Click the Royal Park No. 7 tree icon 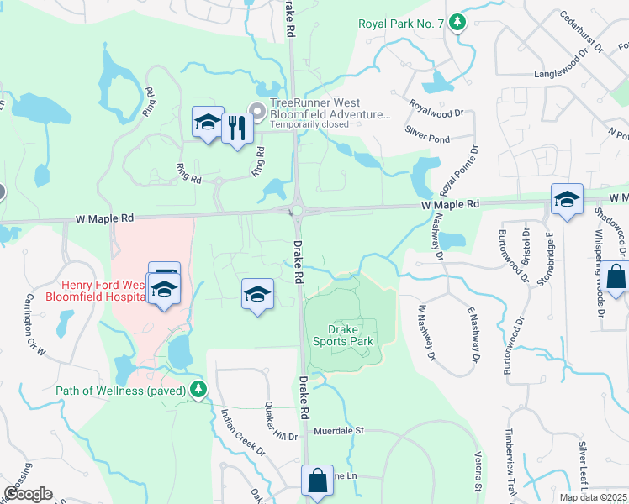pyautogui.click(x=457, y=23)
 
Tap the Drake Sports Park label pyautogui.click(x=342, y=335)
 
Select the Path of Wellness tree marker pyautogui.click(x=198, y=390)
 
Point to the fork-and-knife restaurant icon pyautogui.click(x=238, y=129)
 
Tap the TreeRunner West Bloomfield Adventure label pyautogui.click(x=330, y=109)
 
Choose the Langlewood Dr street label pyautogui.click(x=569, y=74)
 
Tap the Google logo pyautogui.click(x=28, y=494)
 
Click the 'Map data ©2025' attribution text pyautogui.click(x=593, y=497)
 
